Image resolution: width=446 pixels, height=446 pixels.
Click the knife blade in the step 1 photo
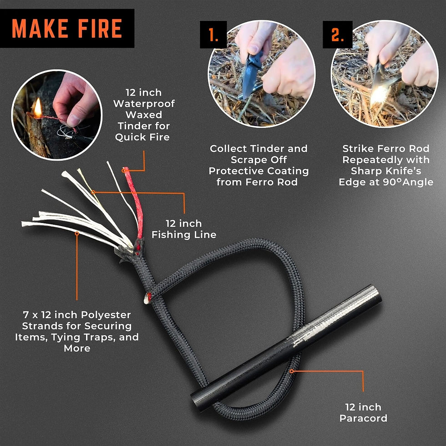click(x=249, y=80)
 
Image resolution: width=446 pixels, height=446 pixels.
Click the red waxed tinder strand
click(x=132, y=200)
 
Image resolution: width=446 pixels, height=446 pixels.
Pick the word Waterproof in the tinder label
click(x=144, y=103)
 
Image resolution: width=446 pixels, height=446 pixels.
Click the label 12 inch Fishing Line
click(x=183, y=229)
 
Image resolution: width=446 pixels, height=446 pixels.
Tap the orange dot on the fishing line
click(x=93, y=192)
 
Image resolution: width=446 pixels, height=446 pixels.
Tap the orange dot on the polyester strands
click(x=77, y=233)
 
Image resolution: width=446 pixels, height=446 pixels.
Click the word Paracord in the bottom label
click(x=363, y=418)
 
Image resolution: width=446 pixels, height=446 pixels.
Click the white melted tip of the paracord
click(x=147, y=299)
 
